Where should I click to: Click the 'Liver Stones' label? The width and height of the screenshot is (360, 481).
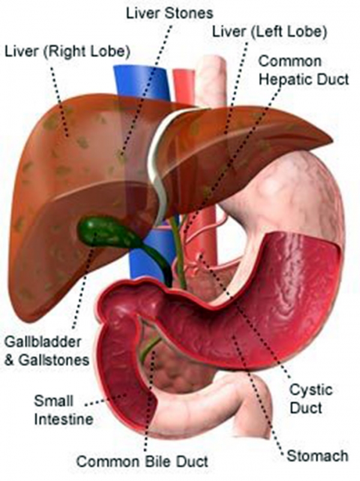[169, 14]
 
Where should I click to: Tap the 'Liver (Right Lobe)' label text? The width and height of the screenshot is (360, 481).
[68, 52]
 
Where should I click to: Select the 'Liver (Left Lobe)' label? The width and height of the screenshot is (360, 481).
[270, 32]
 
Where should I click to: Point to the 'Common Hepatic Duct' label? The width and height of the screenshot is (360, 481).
[304, 71]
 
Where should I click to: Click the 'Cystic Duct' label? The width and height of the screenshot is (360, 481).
[311, 399]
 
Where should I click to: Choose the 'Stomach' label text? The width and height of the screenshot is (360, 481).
[317, 456]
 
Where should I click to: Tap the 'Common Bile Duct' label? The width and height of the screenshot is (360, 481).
[142, 461]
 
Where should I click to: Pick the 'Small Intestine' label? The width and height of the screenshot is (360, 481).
[63, 410]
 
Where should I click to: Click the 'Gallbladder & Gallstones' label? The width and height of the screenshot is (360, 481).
[47, 351]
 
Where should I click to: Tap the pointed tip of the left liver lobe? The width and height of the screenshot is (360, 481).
[332, 142]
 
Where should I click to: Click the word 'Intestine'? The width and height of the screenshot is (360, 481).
[64, 419]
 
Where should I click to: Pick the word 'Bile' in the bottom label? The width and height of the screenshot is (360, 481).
[162, 461]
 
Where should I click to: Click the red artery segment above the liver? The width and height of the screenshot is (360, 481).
[184, 85]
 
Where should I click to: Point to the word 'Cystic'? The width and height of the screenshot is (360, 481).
[311, 390]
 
